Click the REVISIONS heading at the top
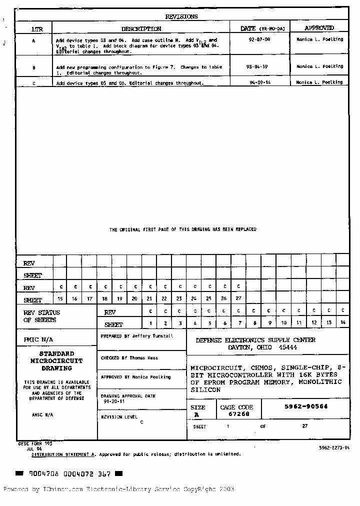tap(181, 16)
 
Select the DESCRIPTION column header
tap(141, 29)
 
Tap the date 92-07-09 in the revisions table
tap(259, 39)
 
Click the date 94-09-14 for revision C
tap(259, 82)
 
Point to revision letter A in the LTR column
tap(33, 40)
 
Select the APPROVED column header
tap(319, 28)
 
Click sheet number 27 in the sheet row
tap(238, 298)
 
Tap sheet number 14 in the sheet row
tap(343, 322)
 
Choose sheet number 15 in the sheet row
tap(60, 298)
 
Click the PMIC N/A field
tap(38, 339)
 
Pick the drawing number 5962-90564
tap(306, 406)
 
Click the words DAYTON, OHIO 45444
tap(262, 347)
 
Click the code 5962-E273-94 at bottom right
tap(334, 447)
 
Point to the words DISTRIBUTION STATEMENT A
tap(63, 454)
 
